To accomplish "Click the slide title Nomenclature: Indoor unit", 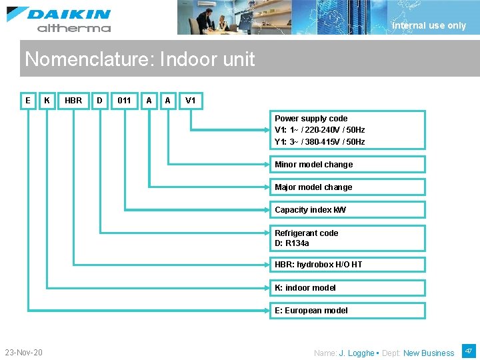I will pyautogui.click(x=139, y=59).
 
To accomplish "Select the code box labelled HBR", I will pyautogui.click(x=73, y=101).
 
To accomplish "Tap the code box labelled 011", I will pyautogui.click(x=124, y=101).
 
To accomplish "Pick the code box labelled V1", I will pyautogui.click(x=191, y=101).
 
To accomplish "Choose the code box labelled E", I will pyautogui.click(x=27, y=101).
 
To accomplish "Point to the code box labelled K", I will pyautogui.click(x=47, y=101).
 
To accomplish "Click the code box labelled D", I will pyautogui.click(x=99, y=101).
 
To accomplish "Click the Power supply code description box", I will pyautogui.click(x=347, y=129).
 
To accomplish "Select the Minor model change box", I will pyautogui.click(x=347, y=165).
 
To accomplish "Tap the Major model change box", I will pyautogui.click(x=347, y=187).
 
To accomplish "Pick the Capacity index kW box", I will pyautogui.click(x=347, y=210).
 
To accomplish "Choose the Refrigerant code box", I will pyautogui.click(x=347, y=238).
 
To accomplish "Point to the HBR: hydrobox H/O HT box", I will pyautogui.click(x=347, y=265).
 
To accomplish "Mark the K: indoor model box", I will pyautogui.click(x=347, y=288).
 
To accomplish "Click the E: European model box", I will pyautogui.click(x=347, y=311).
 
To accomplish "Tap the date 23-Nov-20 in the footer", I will pyautogui.click(x=23, y=352).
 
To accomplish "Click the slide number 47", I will pyautogui.click(x=468, y=350).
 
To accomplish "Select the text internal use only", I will pyautogui.click(x=429, y=26).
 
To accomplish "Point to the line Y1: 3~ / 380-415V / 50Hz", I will pyautogui.click(x=320, y=142).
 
